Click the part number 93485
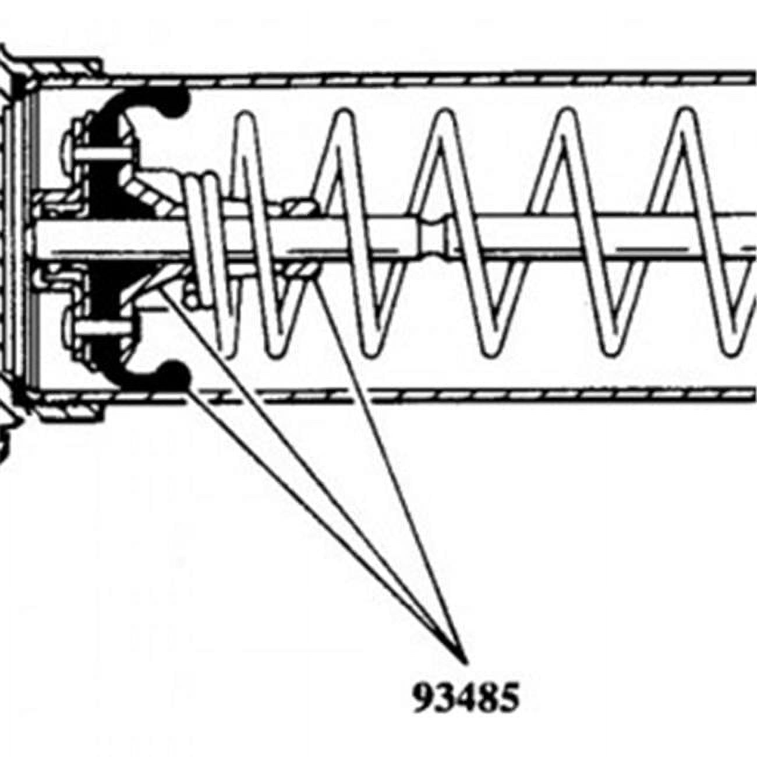(x=466, y=697)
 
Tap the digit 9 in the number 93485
(x=423, y=697)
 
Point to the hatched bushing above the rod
(x=300, y=206)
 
